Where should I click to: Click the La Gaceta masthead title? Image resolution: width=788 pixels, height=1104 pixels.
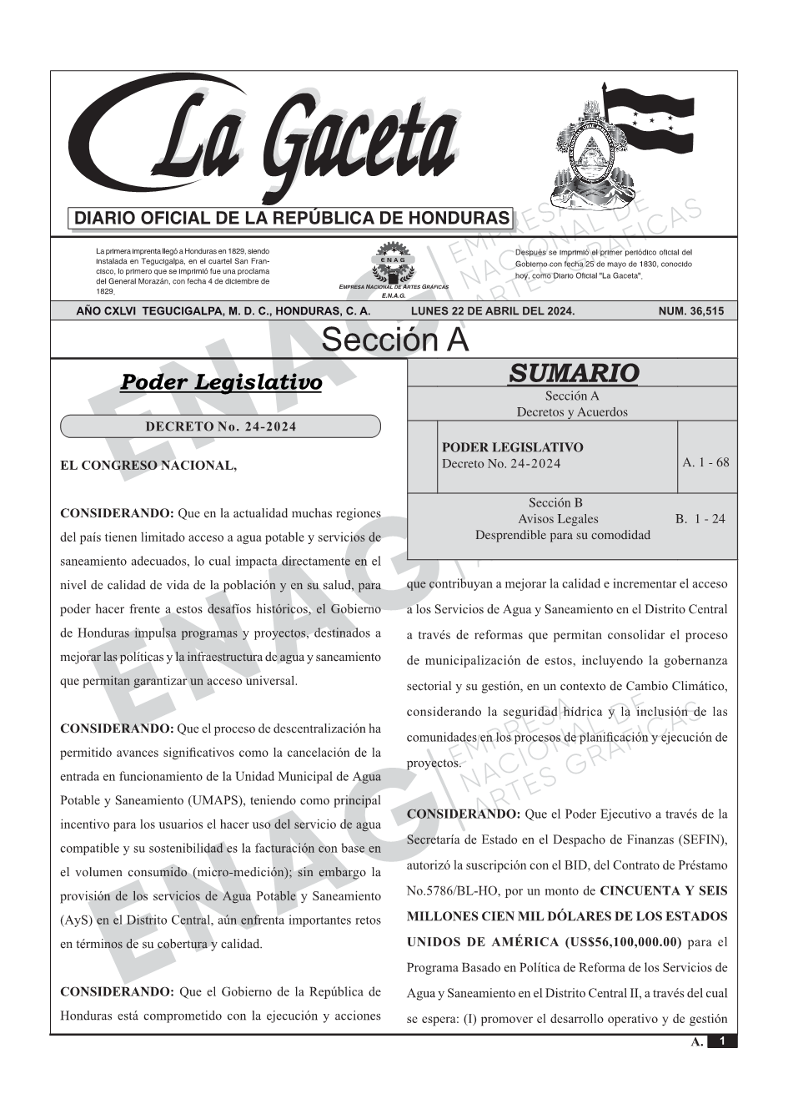click(275, 142)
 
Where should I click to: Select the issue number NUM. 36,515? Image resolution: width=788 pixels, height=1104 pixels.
click(691, 311)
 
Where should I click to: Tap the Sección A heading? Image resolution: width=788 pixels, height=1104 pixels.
click(394, 340)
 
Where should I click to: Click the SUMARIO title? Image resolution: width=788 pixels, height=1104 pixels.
click(573, 373)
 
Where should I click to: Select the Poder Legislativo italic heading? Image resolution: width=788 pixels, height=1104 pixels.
click(221, 382)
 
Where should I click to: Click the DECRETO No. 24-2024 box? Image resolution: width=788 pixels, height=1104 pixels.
click(220, 426)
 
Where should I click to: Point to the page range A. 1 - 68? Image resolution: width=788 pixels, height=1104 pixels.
click(705, 462)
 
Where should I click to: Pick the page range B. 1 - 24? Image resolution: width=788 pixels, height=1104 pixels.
click(700, 518)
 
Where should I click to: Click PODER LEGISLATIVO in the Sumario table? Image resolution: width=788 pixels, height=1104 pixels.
click(513, 447)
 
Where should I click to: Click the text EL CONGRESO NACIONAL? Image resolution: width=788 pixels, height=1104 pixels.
click(148, 466)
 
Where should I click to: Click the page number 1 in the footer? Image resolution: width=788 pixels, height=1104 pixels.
click(722, 1041)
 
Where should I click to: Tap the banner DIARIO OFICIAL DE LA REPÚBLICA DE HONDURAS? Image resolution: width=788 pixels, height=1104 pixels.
click(292, 219)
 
